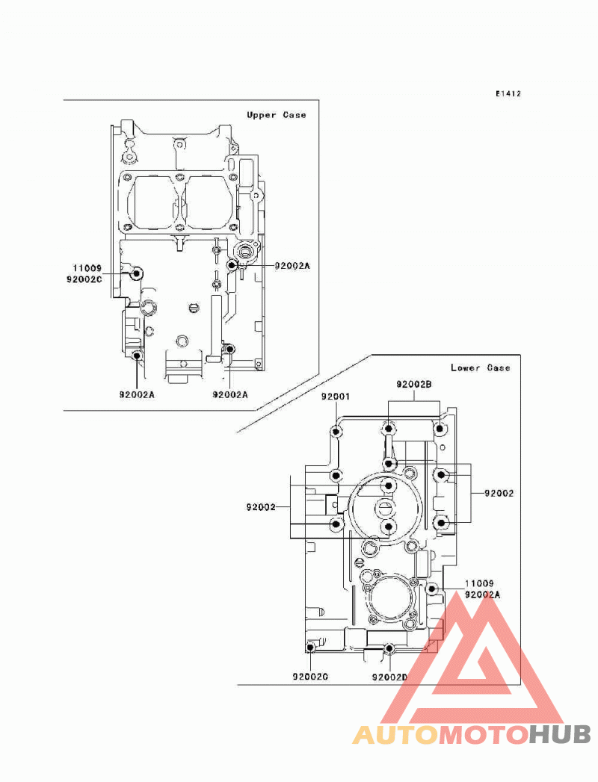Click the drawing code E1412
(508, 93)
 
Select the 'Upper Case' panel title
(276, 115)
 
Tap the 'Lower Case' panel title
(480, 367)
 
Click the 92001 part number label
(336, 397)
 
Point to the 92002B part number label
(414, 384)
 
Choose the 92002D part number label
(390, 677)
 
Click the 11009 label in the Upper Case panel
(87, 268)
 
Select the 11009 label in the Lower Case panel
(479, 583)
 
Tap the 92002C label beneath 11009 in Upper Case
(84, 280)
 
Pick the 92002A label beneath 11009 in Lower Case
(482, 595)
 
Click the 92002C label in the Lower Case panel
(310, 677)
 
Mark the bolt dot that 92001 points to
(336, 432)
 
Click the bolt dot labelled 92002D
(389, 648)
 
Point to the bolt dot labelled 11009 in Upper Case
(136, 273)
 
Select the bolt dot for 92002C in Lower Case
(310, 648)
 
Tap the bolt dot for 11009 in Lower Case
(432, 589)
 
